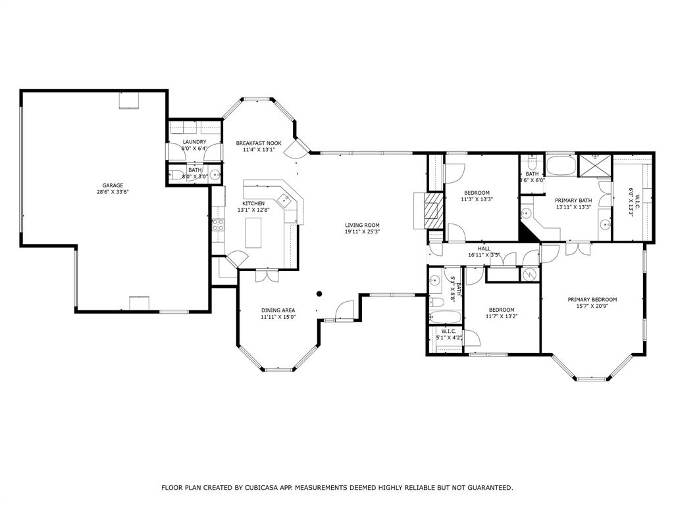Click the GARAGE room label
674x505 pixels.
[x=113, y=185]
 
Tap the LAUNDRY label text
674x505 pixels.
[x=194, y=142]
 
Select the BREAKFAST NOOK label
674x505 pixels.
[x=259, y=143]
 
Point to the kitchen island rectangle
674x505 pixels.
[x=253, y=232]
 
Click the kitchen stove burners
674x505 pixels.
[x=218, y=225]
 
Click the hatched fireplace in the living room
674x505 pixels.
[x=433, y=211]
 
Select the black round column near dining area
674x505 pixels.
[x=319, y=294]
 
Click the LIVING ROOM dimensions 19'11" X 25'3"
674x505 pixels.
[x=363, y=231]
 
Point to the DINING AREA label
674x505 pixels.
[x=278, y=310]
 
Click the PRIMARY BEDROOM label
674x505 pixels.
[x=592, y=300]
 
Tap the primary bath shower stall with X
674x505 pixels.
[x=595, y=165]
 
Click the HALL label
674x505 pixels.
[x=484, y=249]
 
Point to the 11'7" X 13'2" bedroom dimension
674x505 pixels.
[x=502, y=316]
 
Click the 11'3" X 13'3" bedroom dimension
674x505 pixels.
[x=477, y=199]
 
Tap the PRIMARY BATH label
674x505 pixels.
[x=573, y=201]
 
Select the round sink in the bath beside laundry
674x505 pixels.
[x=215, y=175]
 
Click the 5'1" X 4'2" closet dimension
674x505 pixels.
[x=450, y=338]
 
